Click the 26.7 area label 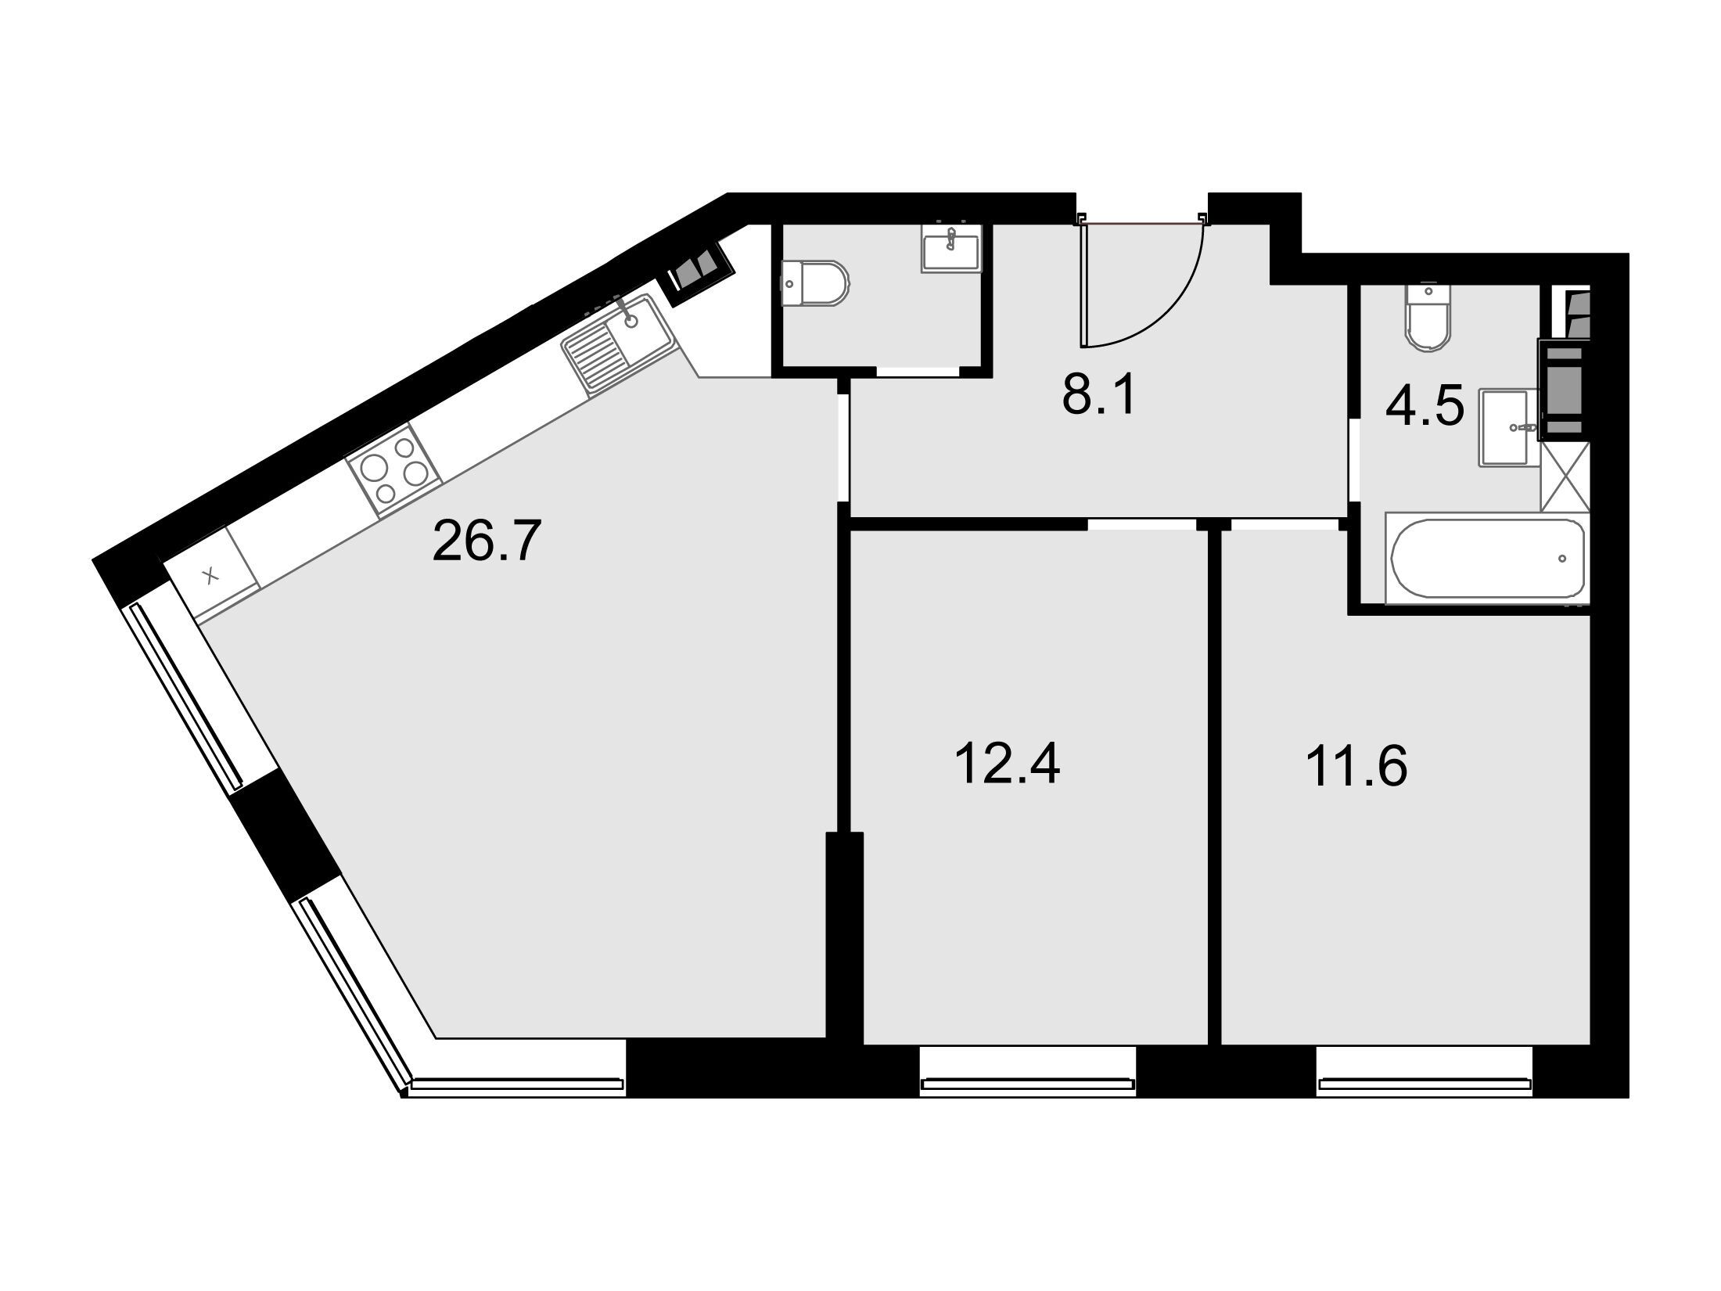(x=487, y=542)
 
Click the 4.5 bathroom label (x=1425, y=407)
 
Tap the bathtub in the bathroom (x=1487, y=558)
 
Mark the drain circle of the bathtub (x=1562, y=558)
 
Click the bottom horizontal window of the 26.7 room (x=517, y=1084)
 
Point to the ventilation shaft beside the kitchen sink (x=699, y=269)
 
